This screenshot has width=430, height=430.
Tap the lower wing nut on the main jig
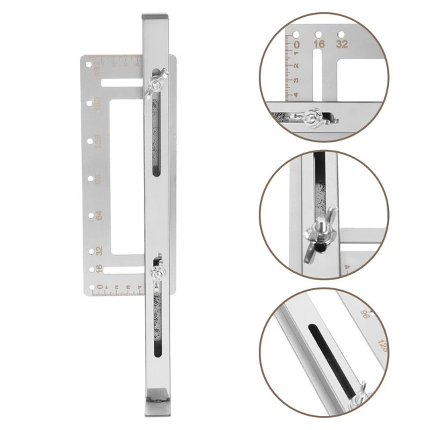[x=158, y=273]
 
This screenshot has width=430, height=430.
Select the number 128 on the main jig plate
[x=98, y=142]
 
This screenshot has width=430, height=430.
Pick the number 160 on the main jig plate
[x=98, y=105]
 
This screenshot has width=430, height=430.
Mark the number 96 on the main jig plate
[x=98, y=179]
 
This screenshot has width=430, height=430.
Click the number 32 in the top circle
[x=342, y=44]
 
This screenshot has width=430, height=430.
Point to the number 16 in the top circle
[x=319, y=44]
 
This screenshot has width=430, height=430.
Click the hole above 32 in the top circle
[x=341, y=33]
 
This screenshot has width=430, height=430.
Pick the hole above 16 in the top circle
[x=318, y=34]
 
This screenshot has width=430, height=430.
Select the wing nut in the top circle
[x=310, y=120]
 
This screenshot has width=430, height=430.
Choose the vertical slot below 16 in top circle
[x=319, y=74]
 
